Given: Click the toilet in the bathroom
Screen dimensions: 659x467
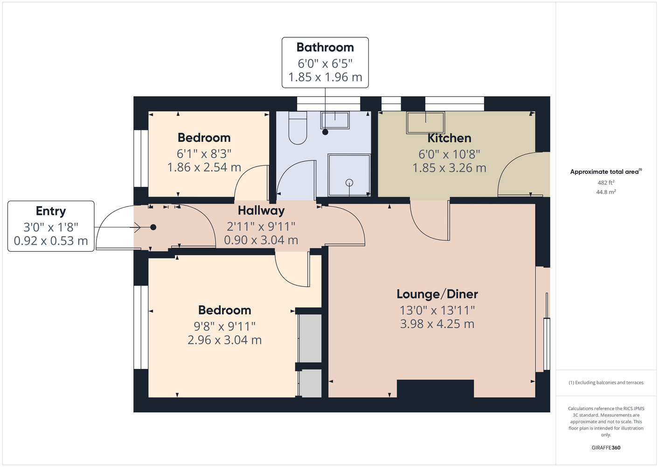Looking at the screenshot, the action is coord(298,128).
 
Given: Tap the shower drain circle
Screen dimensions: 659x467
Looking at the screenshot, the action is coord(349,183).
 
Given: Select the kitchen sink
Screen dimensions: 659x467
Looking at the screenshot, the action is coord(425,122).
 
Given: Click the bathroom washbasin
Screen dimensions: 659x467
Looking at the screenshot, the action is coord(335,120).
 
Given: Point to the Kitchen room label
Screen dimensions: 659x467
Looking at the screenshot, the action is coord(449,138).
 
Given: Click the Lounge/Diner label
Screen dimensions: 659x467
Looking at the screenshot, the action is coord(437,294).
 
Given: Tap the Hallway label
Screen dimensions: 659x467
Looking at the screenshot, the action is coord(261,211).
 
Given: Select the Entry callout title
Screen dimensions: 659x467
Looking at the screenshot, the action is coord(51,211).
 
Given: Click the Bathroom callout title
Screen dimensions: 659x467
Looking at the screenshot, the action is coord(325,48).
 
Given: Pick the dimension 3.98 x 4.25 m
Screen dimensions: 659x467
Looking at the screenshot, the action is coord(437,324).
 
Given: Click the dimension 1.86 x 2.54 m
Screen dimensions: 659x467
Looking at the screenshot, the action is coord(204,168).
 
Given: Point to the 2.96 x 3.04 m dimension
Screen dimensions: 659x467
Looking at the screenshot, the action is coord(224,340).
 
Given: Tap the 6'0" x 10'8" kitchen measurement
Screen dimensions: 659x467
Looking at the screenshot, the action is coord(449,154).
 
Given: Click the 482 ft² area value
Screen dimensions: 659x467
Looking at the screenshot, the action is coord(606,183).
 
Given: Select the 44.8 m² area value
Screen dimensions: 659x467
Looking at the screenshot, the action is coord(606,192).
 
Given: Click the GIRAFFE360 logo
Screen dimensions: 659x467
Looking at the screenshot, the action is coord(606,447).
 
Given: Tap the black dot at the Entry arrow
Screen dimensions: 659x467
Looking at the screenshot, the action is coord(153,227).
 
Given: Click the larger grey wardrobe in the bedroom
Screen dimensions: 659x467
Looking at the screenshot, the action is coord(310,338).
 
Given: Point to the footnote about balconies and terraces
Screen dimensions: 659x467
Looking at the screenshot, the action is coord(606,382).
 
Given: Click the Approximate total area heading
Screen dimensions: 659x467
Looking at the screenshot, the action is coord(606,172).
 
